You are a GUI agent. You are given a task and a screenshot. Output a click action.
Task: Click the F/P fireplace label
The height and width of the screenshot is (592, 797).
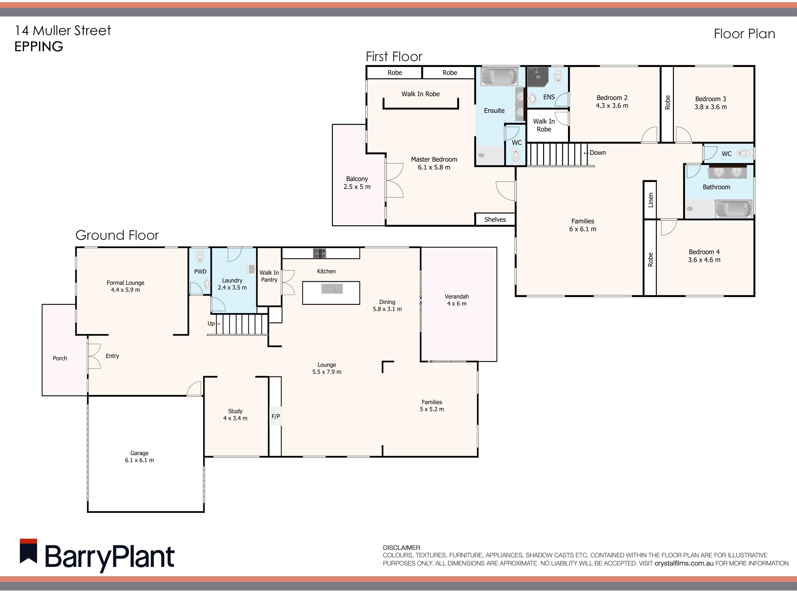[275, 416]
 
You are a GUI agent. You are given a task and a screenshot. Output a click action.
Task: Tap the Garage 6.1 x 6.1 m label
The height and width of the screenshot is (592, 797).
[139, 456]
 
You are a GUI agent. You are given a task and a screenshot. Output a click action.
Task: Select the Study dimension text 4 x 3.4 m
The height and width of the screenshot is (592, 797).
[235, 418]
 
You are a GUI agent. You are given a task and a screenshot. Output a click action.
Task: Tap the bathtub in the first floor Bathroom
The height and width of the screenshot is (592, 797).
[733, 209]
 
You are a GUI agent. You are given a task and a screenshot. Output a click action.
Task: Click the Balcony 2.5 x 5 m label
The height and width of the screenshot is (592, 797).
[357, 183]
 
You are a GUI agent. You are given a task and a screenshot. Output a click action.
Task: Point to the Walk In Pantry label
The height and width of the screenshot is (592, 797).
[269, 276]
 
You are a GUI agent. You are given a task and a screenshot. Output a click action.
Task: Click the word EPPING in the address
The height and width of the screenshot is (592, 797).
[39, 47]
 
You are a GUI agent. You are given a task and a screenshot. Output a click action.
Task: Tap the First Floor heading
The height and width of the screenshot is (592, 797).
[394, 57]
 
